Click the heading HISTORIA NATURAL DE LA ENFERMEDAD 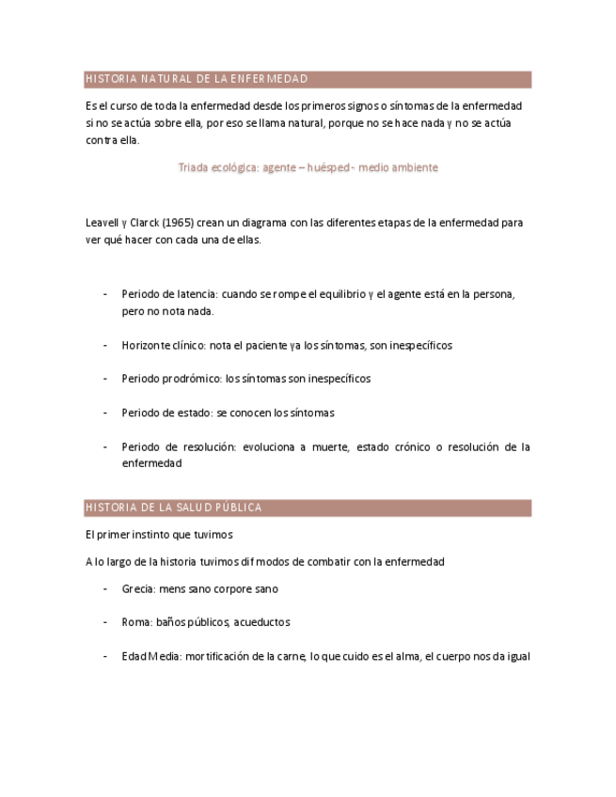[197, 79]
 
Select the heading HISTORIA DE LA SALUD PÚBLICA [173, 508]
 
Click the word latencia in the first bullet [197, 294]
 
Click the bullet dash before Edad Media [104, 656]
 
